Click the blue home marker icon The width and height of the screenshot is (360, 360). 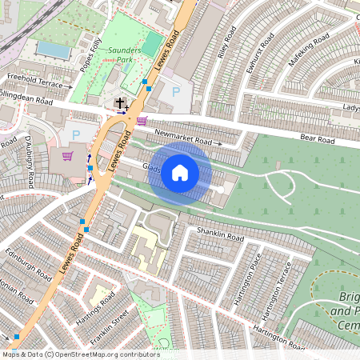(180, 172)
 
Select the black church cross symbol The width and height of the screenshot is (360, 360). (121, 103)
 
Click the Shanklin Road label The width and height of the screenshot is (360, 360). (220, 235)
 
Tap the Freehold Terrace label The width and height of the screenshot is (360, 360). (34, 83)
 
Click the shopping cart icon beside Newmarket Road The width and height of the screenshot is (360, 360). (142, 121)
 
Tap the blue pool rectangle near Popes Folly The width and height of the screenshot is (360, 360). (53, 50)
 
